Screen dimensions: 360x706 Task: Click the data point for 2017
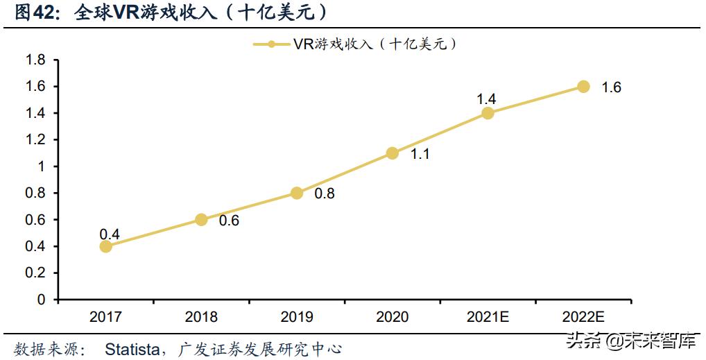pyautogui.click(x=105, y=246)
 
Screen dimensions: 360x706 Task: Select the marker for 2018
pyautogui.click(x=201, y=219)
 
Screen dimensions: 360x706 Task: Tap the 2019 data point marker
pyautogui.click(x=297, y=193)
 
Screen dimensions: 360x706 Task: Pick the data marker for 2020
pyautogui.click(x=392, y=153)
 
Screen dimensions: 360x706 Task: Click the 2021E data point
pyautogui.click(x=488, y=113)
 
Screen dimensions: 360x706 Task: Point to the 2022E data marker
pyautogui.click(x=583, y=87)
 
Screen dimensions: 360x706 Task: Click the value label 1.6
pyautogui.click(x=611, y=87)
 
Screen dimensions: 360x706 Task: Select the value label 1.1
pyautogui.click(x=420, y=154)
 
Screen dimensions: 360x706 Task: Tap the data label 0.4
pyautogui.click(x=110, y=234)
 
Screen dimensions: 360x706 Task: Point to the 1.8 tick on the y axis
pyautogui.click(x=35, y=60)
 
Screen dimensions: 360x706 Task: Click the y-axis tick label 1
pyautogui.click(x=41, y=166)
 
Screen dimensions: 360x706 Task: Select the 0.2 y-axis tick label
pyautogui.click(x=35, y=273)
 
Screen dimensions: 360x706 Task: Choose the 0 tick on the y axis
pyautogui.click(x=41, y=300)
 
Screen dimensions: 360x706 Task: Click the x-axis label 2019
pyautogui.click(x=297, y=317)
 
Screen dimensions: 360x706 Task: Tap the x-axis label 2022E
pyautogui.click(x=583, y=317)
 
